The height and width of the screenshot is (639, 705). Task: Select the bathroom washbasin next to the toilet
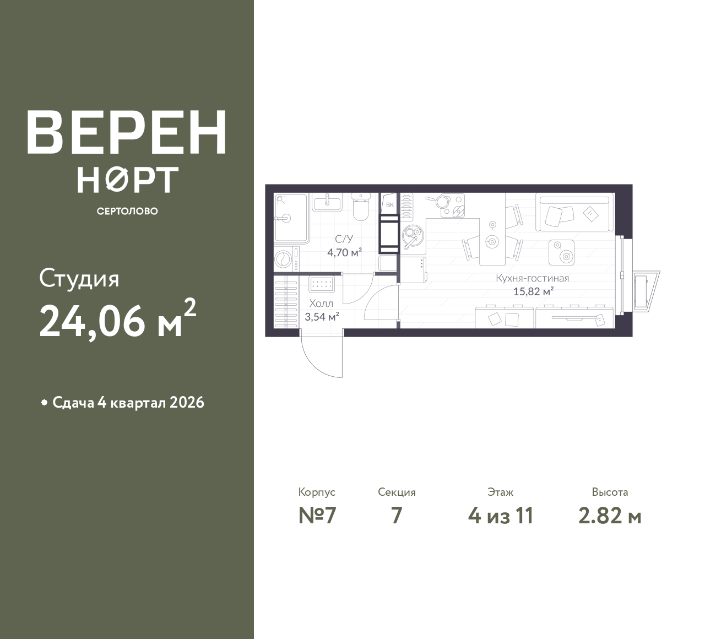[x=327, y=203]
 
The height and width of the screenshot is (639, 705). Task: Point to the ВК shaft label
[x=390, y=205]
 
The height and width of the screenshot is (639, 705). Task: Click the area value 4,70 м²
[x=344, y=252]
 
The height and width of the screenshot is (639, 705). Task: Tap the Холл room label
[x=321, y=303]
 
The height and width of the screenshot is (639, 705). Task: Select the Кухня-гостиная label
[x=532, y=278]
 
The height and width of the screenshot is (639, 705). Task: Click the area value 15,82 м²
[x=534, y=291]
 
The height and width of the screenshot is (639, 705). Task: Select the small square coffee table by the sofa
[x=562, y=253]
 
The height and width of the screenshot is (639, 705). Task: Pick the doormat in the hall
[x=321, y=284]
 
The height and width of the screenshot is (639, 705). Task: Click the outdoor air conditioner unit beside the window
[x=646, y=291]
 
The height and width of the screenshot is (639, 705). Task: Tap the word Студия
[x=79, y=279]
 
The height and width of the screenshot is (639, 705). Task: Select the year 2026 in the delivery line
[x=187, y=403]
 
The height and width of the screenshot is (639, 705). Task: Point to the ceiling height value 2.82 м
[x=610, y=516]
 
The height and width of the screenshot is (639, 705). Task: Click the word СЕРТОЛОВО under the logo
[x=127, y=211]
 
